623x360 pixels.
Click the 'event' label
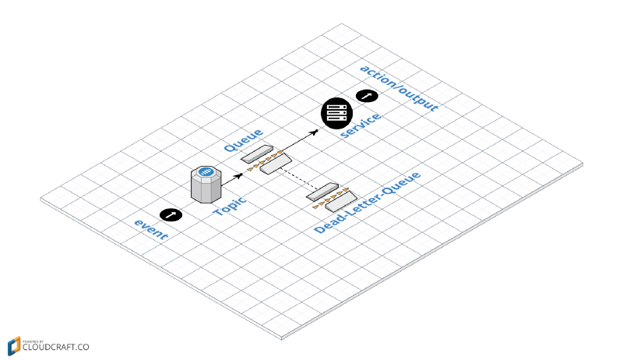tap(151, 229)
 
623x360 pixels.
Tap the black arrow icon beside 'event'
tap(171, 214)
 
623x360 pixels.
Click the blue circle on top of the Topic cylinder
tap(206, 172)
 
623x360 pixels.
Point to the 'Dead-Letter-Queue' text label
tap(367, 203)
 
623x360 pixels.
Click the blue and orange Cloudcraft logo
tap(14, 345)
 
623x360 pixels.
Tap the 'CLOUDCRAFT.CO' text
tap(55, 348)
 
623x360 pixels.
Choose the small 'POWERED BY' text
tap(33, 340)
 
